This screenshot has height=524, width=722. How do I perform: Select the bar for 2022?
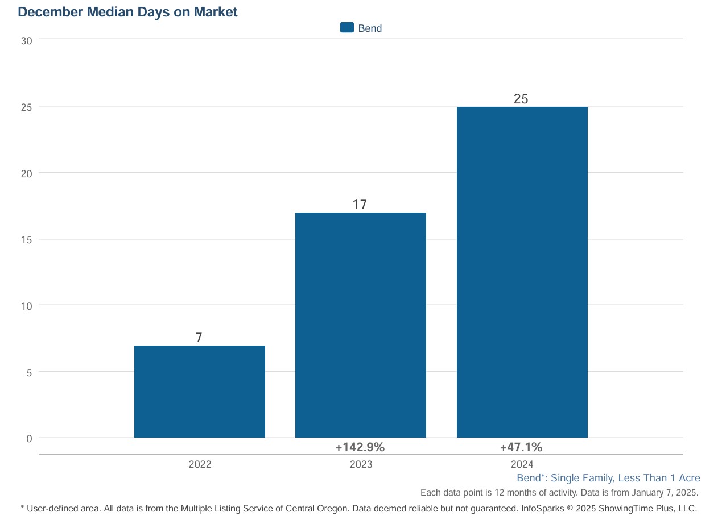199,392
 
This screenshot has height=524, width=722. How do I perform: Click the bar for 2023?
360,325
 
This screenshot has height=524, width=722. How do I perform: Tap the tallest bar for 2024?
522,272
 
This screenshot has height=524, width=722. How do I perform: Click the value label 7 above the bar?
199,338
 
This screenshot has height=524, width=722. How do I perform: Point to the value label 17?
360,205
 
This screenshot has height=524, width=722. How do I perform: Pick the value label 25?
521,99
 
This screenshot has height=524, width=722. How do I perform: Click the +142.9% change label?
360,447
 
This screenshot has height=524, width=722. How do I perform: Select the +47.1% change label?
521,447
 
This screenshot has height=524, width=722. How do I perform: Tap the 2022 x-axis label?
200,464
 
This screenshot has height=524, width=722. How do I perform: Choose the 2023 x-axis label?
361,464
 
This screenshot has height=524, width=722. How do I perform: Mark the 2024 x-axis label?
522,464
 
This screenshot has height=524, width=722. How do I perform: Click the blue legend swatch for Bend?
346,27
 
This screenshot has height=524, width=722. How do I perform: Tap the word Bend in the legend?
370,28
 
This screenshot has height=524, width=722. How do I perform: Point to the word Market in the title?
216,11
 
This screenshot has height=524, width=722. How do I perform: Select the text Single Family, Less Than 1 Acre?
625,478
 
